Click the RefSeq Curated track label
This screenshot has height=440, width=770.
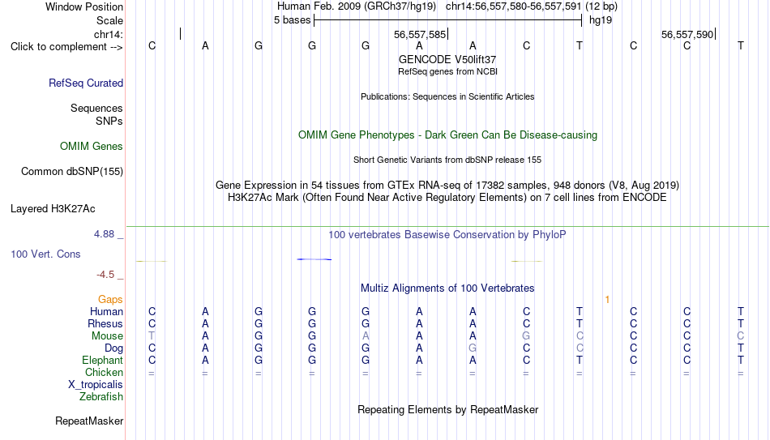(86, 83)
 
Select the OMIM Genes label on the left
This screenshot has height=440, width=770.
(92, 147)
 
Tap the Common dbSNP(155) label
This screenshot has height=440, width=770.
(72, 172)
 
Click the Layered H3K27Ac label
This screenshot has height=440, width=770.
(53, 209)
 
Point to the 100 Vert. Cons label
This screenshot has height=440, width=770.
(45, 254)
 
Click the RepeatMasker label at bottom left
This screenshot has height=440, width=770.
(89, 421)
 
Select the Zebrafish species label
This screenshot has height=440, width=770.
(101, 397)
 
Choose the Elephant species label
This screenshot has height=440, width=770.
(103, 361)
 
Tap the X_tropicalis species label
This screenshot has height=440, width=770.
(96, 385)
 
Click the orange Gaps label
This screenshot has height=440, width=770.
(110, 300)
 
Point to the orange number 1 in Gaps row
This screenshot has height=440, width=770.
(607, 300)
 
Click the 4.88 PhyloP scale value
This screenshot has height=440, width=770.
(104, 234)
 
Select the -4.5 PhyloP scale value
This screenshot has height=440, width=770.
(105, 275)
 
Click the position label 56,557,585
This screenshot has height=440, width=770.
(420, 34)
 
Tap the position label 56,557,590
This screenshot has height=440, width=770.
(687, 34)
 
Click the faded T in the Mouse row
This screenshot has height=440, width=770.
(152, 336)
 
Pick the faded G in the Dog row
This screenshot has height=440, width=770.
(473, 348)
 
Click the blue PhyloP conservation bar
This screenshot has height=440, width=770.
(314, 259)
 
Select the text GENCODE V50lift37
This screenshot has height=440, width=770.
(447, 59)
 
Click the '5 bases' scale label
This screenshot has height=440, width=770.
(292, 20)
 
